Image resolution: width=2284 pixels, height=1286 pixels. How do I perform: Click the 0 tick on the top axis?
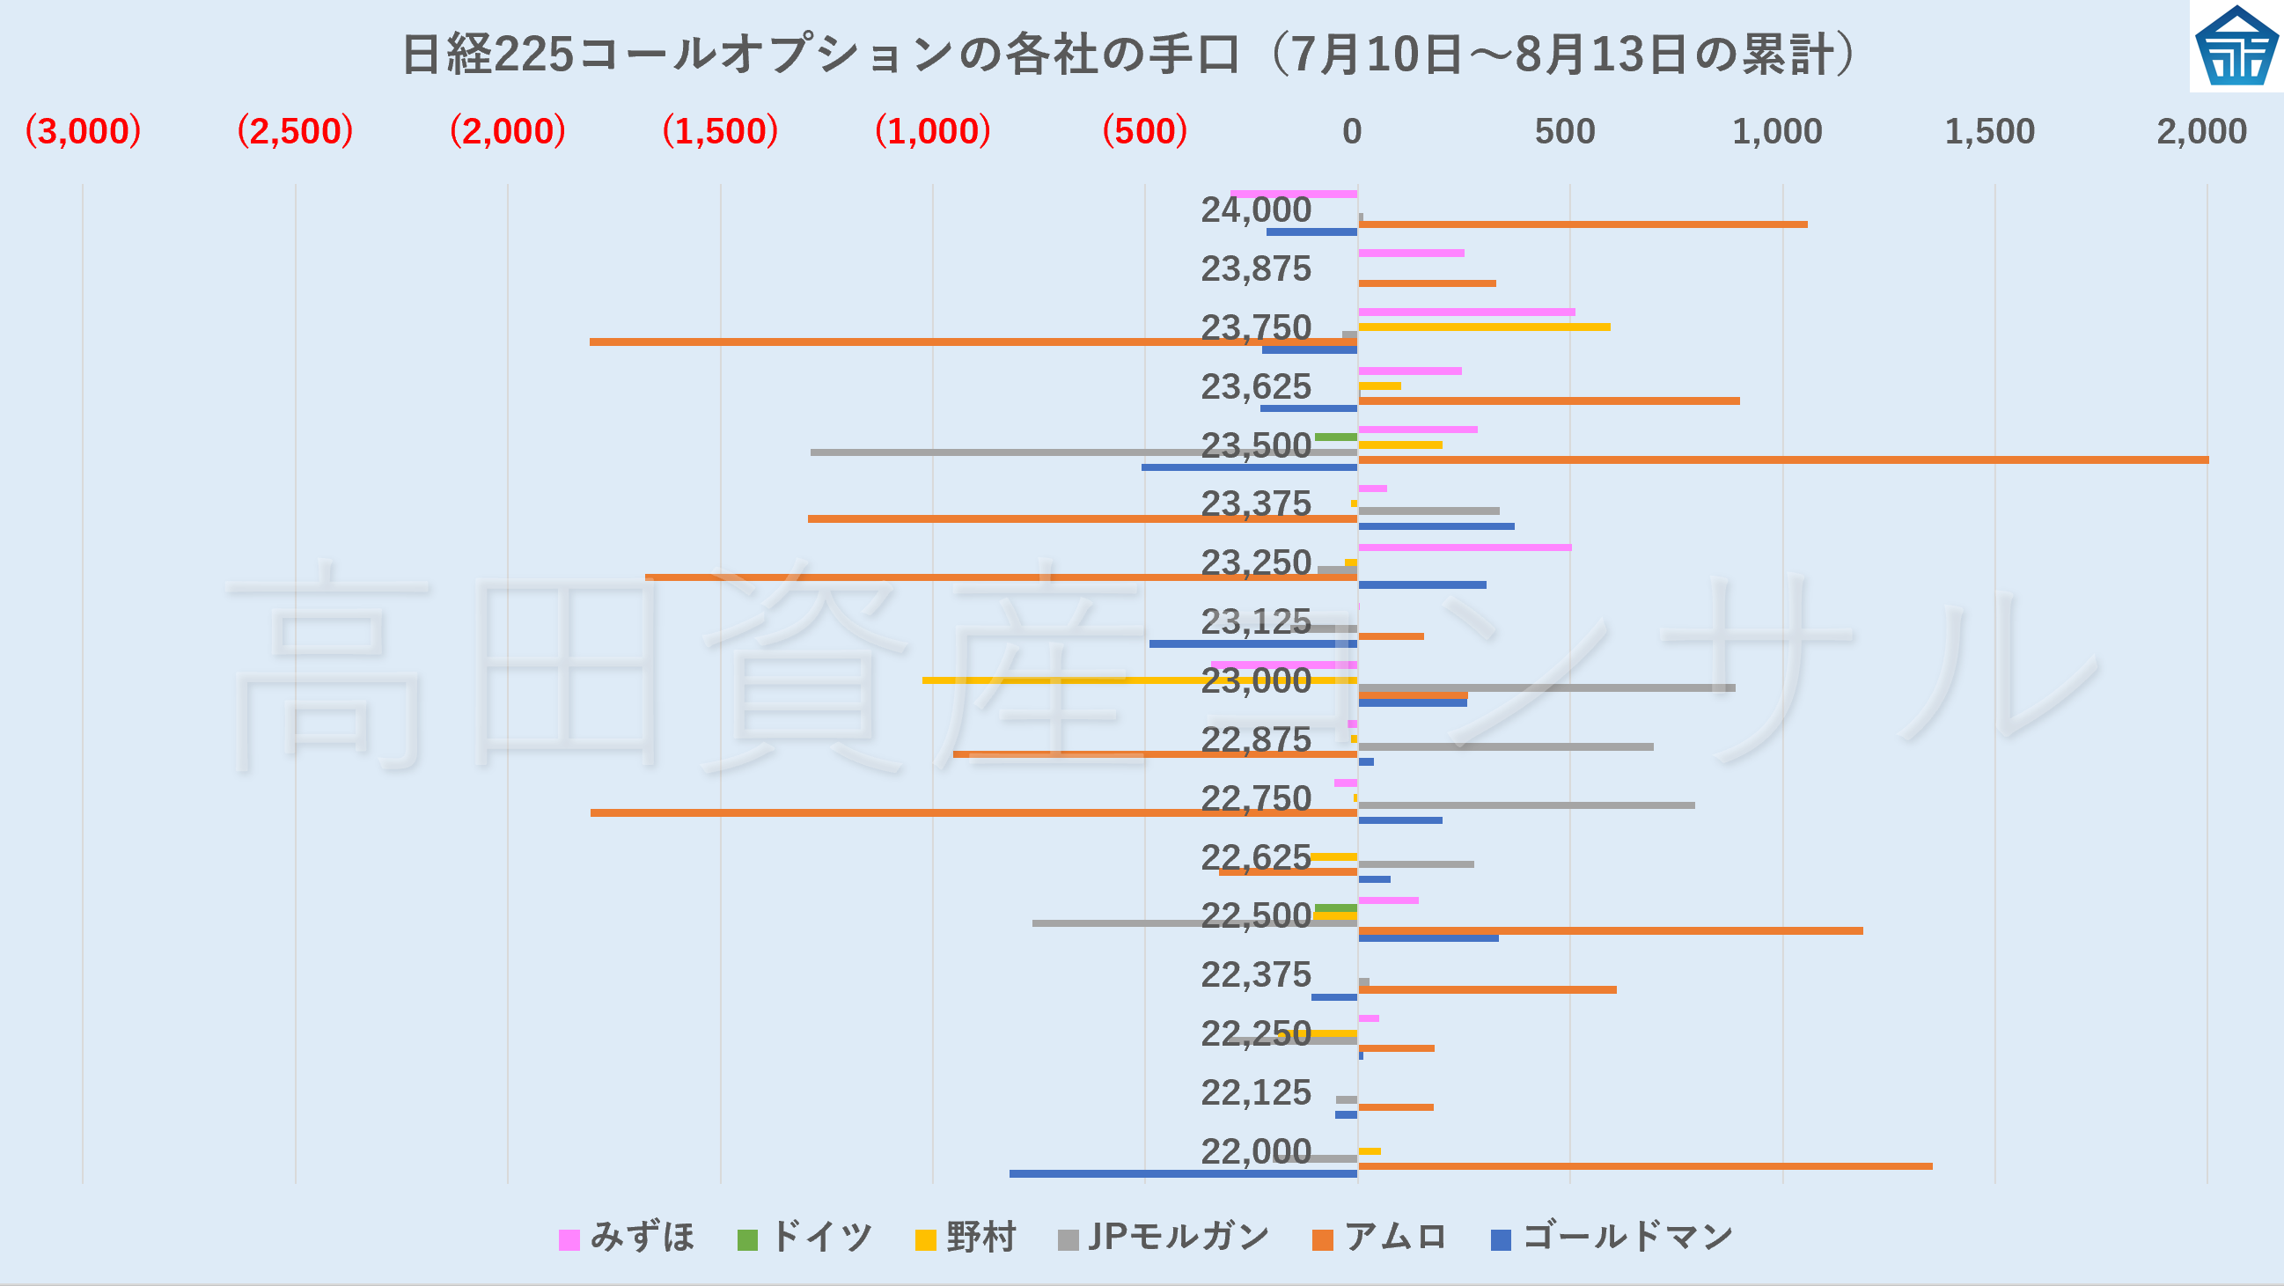tap(1351, 132)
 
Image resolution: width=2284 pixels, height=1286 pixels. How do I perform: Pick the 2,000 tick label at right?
tap(2201, 132)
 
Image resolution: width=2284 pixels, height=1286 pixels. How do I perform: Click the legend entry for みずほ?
tap(627, 1238)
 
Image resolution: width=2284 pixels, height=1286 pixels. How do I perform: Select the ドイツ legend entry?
tap(805, 1238)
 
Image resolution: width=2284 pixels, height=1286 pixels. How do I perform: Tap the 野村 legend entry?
tap(966, 1238)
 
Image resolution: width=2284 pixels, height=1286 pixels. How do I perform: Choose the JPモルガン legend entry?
tap(1164, 1238)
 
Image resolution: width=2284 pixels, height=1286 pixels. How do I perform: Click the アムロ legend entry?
tap(1379, 1238)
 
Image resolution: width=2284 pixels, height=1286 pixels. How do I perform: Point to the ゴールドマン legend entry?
tap(1612, 1238)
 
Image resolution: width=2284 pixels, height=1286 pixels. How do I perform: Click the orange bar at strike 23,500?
tap(1782, 459)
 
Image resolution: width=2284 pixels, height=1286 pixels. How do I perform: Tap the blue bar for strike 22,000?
tap(1183, 1173)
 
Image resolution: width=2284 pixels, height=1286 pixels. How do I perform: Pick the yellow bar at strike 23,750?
tap(1483, 327)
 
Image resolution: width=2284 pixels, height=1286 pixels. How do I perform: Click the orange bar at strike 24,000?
tap(1582, 224)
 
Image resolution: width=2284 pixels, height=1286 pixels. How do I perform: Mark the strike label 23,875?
tap(1255, 268)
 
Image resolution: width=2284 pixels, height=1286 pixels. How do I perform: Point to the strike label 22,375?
tap(1255, 974)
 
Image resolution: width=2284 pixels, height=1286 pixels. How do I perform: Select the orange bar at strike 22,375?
tap(1487, 989)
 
